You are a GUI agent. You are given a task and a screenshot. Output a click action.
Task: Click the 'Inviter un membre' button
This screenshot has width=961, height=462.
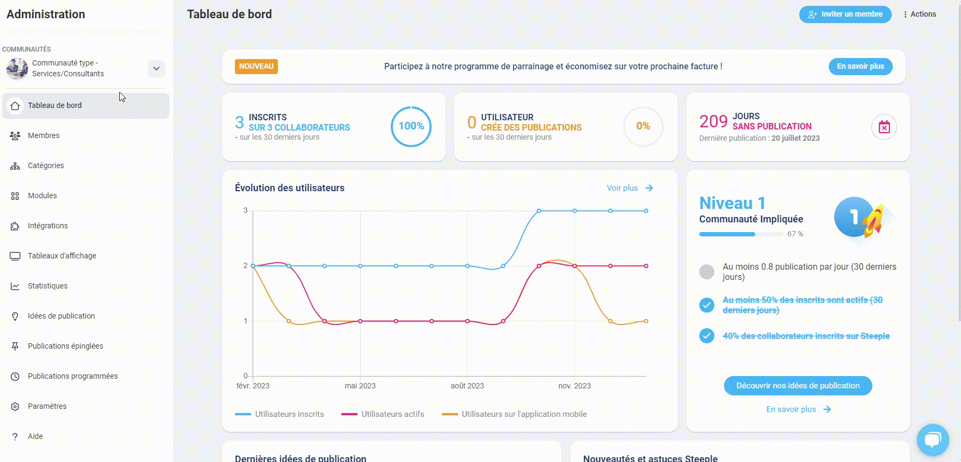(845, 15)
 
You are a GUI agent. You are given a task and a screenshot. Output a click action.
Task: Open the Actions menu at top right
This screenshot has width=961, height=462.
(920, 15)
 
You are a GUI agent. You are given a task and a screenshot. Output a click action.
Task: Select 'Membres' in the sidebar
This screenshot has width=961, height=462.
(44, 135)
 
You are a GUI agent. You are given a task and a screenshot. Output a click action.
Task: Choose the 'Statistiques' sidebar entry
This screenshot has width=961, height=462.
(47, 286)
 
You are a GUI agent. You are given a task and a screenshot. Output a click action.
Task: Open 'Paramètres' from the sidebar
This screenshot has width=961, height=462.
(47, 406)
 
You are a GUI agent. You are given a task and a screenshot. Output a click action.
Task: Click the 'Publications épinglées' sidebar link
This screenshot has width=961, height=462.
(65, 346)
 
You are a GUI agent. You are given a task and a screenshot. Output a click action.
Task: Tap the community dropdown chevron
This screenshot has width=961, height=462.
(156, 68)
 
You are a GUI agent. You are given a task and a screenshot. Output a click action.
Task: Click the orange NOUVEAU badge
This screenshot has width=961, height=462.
(256, 67)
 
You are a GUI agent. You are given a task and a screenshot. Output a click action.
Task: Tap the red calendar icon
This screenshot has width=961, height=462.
(884, 127)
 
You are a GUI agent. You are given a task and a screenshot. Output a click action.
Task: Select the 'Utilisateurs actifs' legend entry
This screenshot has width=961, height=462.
(383, 414)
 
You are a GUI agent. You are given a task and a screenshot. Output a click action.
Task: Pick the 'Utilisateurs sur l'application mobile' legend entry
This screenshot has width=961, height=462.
(514, 414)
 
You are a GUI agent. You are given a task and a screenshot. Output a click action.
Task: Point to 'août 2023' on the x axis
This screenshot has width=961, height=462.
(467, 386)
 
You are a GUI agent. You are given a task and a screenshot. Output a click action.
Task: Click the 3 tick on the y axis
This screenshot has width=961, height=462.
(246, 210)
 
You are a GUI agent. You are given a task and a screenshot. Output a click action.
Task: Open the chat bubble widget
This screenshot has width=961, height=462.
(933, 440)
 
